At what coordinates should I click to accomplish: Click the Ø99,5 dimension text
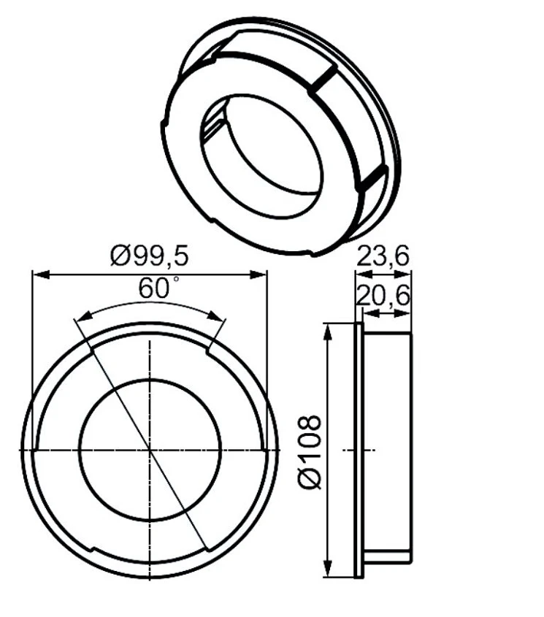[150, 256]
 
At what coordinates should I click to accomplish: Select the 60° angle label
[158, 288]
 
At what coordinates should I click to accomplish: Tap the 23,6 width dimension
[383, 256]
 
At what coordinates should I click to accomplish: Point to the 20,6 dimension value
[383, 296]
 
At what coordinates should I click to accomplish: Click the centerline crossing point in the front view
[150, 451]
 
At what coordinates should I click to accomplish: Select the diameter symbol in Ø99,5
[120, 256]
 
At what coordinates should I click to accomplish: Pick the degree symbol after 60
[175, 281]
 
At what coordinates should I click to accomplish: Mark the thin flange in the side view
[358, 451]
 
